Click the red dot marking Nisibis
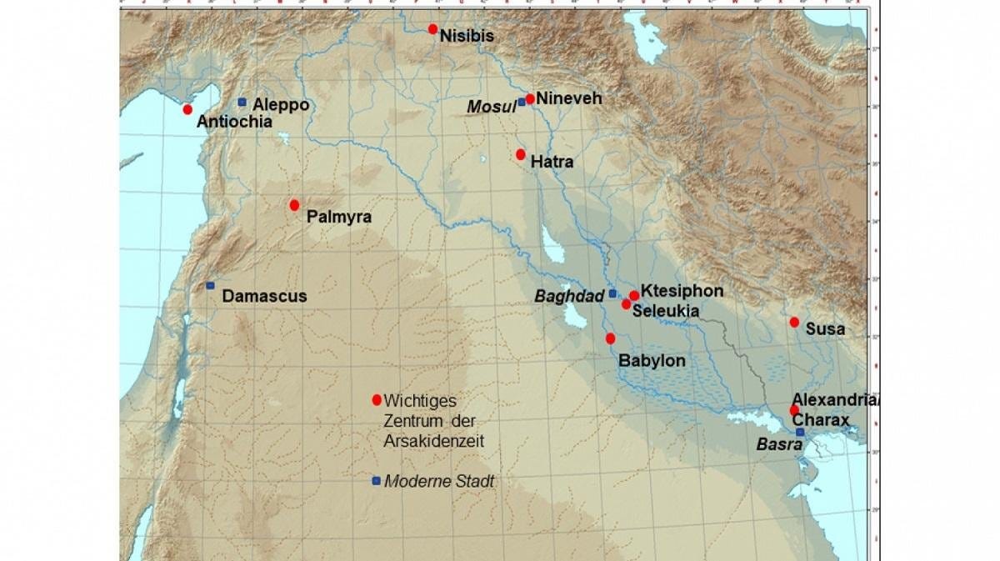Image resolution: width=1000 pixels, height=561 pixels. tap(432, 29)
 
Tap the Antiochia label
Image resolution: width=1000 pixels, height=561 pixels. tap(234, 122)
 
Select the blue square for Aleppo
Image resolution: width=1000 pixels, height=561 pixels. tap(242, 102)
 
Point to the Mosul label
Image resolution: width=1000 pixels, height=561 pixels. tap(491, 107)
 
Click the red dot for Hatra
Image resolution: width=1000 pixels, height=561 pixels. tap(521, 154)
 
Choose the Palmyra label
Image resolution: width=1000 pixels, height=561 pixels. tap(338, 217)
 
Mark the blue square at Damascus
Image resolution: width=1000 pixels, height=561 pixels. tap(210, 286)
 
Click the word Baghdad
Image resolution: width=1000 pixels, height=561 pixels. tap(570, 296)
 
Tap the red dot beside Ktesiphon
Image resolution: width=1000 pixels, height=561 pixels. tap(634, 295)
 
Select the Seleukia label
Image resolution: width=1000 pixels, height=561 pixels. tap(665, 311)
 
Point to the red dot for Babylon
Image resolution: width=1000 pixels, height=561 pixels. tap(610, 338)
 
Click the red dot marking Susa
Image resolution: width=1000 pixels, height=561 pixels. tap(794, 322)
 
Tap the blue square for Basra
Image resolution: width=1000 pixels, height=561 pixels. tap(800, 432)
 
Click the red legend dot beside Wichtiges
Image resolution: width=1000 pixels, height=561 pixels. tap(377, 399)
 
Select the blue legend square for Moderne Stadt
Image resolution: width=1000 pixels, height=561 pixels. tap(377, 480)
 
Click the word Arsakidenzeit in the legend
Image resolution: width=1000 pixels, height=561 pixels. tap(434, 441)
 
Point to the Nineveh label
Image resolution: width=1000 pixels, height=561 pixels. tap(568, 98)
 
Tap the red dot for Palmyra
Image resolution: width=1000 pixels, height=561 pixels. tap(294, 205)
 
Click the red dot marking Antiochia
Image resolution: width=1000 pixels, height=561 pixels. tap(187, 109)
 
